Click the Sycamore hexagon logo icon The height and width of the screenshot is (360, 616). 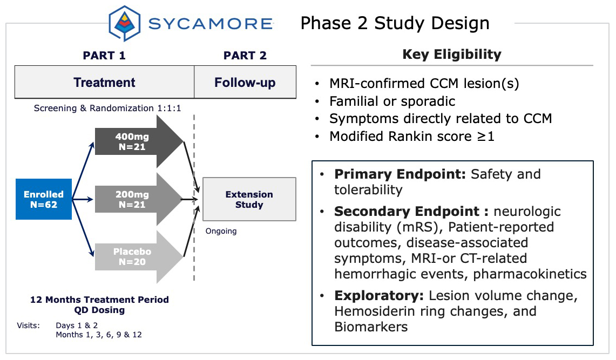(x=125, y=24)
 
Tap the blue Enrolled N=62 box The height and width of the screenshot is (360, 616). (x=44, y=199)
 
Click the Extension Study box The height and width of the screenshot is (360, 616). (x=249, y=199)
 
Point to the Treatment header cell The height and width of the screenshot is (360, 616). (x=104, y=83)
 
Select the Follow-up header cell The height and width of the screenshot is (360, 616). (x=245, y=83)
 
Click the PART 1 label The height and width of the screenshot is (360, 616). (x=104, y=56)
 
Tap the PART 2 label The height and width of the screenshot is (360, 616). (x=245, y=56)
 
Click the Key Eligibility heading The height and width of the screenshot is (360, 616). (x=452, y=55)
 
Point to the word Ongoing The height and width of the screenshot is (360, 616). (x=221, y=231)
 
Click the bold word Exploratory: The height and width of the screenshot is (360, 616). (x=380, y=296)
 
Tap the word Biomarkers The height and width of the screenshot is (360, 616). (x=371, y=327)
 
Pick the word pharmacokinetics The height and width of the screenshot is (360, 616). (x=530, y=274)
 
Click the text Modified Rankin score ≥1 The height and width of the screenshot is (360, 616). (x=412, y=136)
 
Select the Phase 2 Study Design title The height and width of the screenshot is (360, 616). (x=395, y=23)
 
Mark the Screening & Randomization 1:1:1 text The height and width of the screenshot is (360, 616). (x=107, y=108)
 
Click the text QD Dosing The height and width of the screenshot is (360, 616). (x=99, y=310)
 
